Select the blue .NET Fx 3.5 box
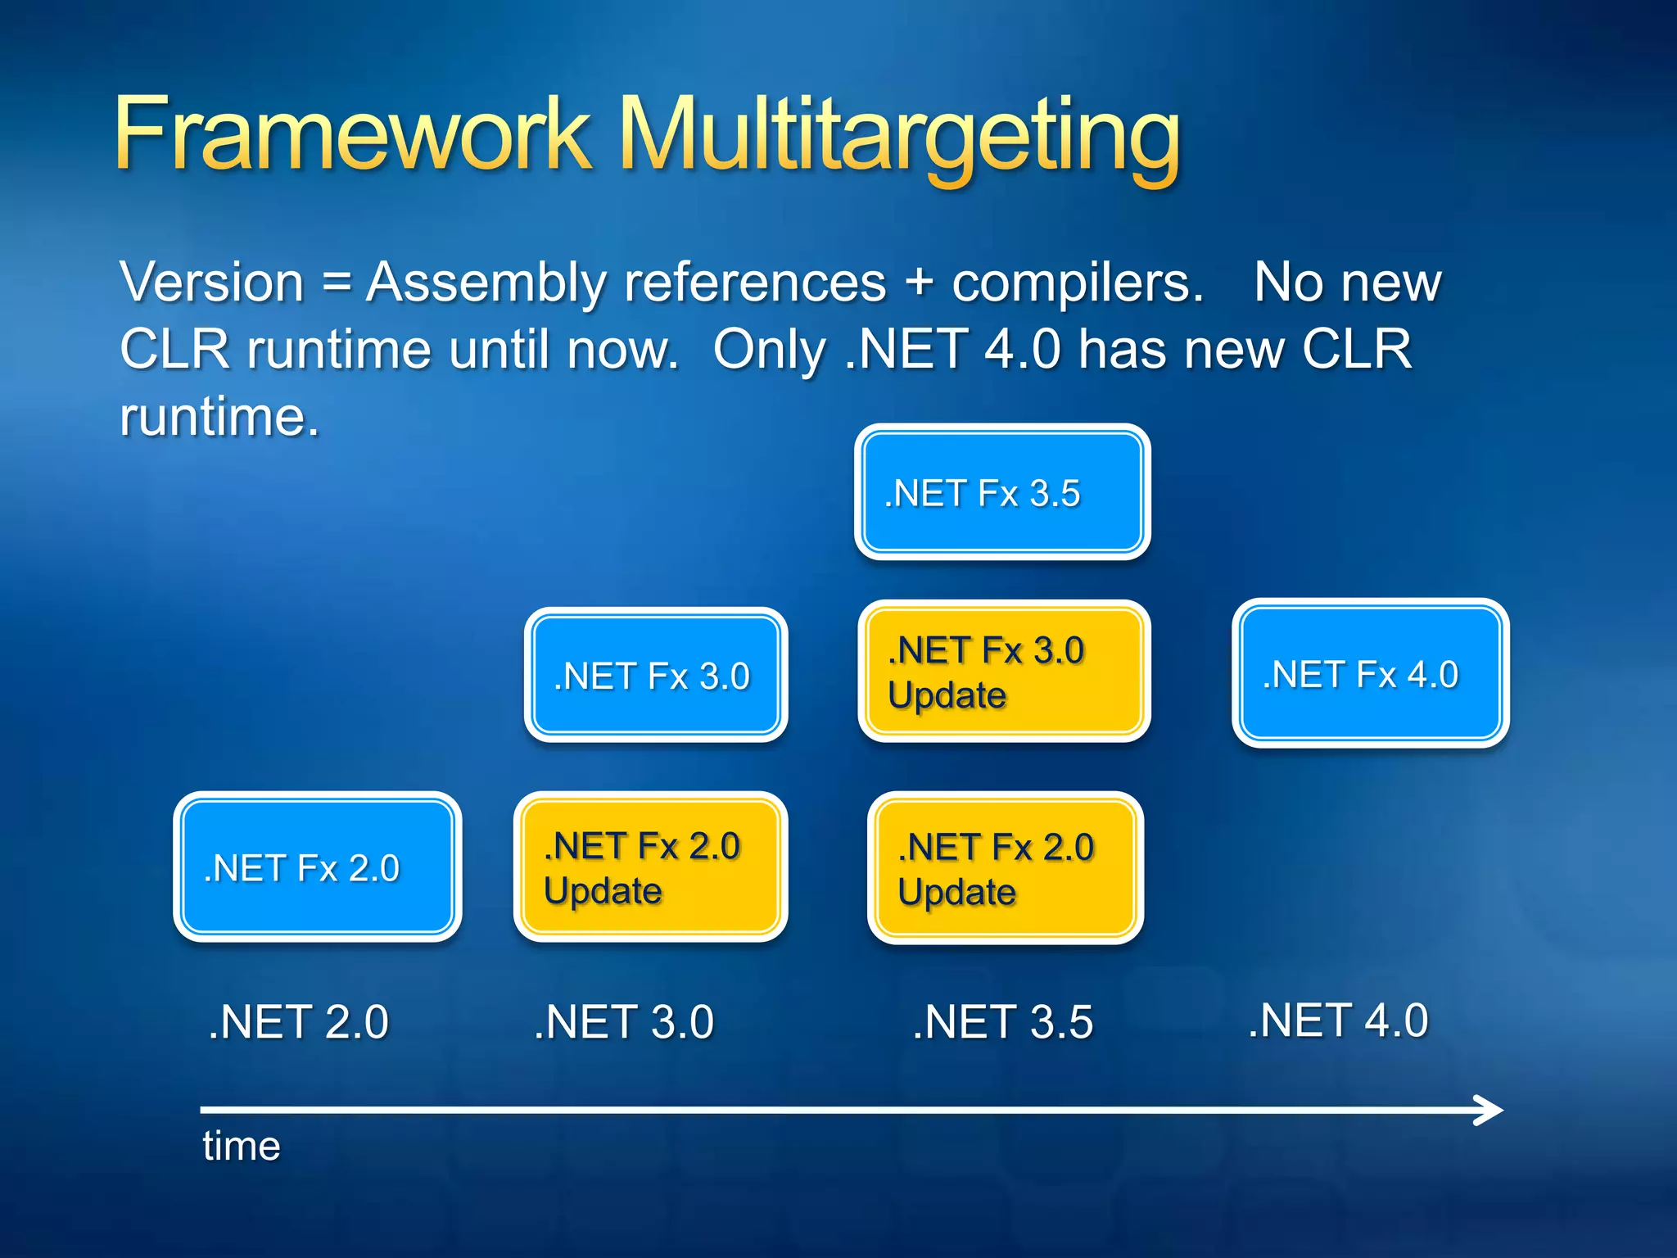pos(1002,492)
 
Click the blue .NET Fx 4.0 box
pos(1370,673)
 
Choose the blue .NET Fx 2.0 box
pos(318,867)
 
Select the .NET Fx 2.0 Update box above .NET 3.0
pos(650,867)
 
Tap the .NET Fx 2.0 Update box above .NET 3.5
pos(1005,868)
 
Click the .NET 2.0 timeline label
pos(299,1022)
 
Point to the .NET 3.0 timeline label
pos(624,1022)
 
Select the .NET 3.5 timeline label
pos(1003,1022)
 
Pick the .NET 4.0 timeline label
pos(1338,1020)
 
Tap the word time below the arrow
pos(242,1146)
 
